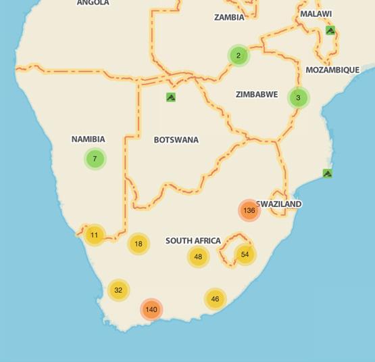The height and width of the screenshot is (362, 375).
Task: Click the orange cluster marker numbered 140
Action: pos(151,309)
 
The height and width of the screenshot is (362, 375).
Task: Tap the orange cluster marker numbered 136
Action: pos(249,210)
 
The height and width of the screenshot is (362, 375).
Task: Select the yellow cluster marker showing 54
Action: pos(245,254)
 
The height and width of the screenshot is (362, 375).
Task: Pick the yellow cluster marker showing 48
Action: pos(198,256)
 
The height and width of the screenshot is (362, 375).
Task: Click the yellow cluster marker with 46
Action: pos(215,299)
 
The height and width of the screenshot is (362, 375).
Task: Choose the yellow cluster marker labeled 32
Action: pos(118,290)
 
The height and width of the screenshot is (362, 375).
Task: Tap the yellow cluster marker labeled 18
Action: pos(139,244)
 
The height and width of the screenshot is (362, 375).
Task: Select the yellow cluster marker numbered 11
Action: pos(94,235)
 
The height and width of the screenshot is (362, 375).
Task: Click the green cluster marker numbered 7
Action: pos(95,159)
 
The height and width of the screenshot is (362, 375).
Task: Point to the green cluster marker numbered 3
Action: pos(298,97)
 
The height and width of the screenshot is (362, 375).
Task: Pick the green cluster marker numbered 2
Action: pos(239,55)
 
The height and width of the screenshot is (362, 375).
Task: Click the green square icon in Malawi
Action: pos(330,30)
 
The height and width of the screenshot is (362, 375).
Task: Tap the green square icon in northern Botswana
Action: pos(171,97)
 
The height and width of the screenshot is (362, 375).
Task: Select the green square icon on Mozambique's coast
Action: pos(327,173)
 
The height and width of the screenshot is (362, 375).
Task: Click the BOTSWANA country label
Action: pos(176,140)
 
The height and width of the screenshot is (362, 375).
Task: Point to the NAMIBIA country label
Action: pos(89,139)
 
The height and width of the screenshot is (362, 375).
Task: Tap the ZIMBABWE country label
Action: pos(257,95)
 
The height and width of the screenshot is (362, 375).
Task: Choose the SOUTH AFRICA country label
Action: pos(193,241)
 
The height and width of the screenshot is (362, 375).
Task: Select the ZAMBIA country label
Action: pos(229,18)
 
